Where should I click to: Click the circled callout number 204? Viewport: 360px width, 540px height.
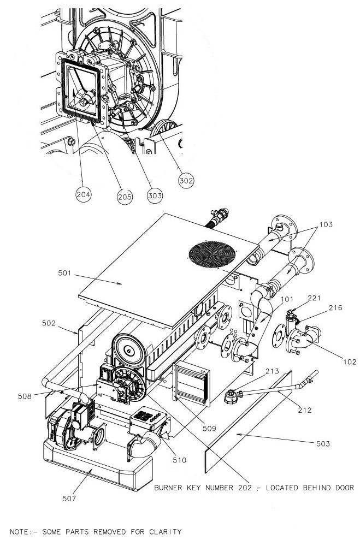(83, 193)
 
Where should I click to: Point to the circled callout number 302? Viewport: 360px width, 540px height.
(186, 178)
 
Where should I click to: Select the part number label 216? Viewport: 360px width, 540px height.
(334, 308)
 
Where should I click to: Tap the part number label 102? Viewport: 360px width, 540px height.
(350, 361)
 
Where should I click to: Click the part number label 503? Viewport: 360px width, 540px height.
(323, 444)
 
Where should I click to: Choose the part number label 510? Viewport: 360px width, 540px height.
(179, 460)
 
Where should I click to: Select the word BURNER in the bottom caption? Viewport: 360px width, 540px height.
(170, 488)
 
